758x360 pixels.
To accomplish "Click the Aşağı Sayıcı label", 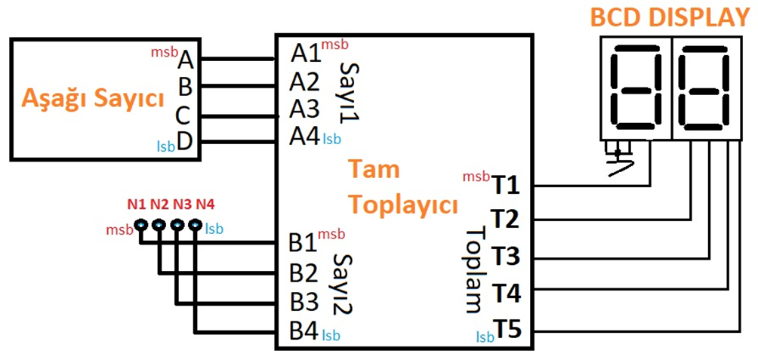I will point(93,98).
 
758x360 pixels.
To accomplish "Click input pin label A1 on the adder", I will point(306,54).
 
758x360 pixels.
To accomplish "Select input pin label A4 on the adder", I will point(306,137).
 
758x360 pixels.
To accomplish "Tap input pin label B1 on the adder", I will point(304,243).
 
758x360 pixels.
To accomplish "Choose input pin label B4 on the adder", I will point(304,330).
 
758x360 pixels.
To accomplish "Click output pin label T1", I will point(505,183).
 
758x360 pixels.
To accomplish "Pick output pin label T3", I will point(505,256).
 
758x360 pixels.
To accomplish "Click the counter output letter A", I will point(186,58).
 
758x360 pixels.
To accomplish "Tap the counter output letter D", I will point(184,140).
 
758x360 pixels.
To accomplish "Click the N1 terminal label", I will point(136,204).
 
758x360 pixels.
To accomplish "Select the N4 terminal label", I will point(205,204).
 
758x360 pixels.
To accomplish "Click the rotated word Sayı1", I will point(349,94).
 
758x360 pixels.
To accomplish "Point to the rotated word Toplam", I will point(473,270).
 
